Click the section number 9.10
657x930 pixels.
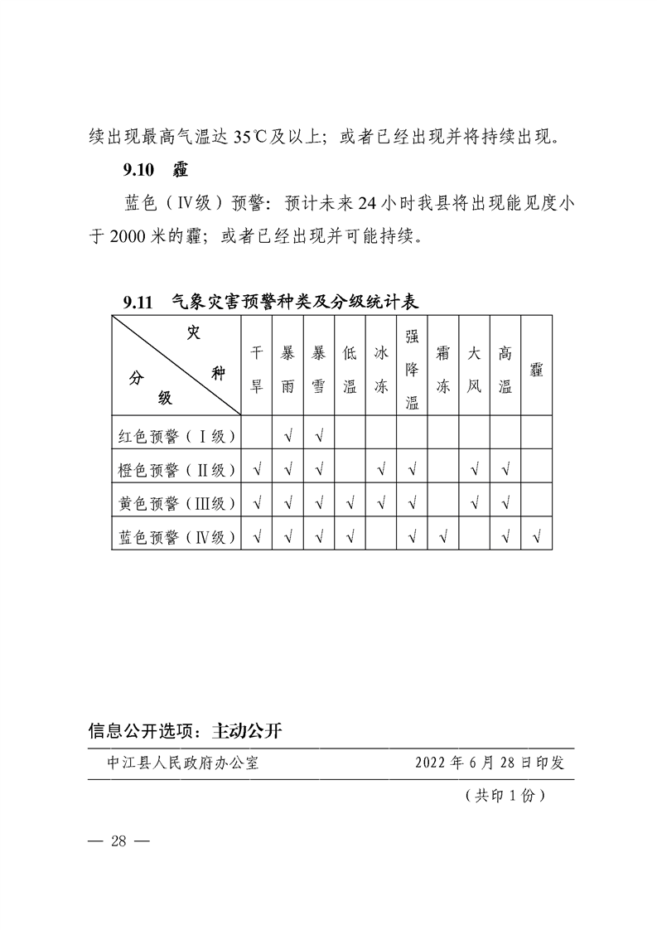click(x=138, y=171)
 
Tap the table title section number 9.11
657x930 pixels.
click(x=138, y=303)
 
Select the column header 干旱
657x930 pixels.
click(x=257, y=366)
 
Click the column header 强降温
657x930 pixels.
click(x=412, y=366)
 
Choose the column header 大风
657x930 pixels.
click(x=474, y=366)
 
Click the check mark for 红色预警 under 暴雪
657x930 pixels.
click(x=319, y=435)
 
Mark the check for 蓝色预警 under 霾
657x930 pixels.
click(x=536, y=537)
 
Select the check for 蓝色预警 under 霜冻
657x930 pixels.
click(x=443, y=537)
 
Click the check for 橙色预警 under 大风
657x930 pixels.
click(x=474, y=470)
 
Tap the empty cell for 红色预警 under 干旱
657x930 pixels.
click(x=257, y=434)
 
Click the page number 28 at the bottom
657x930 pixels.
click(x=118, y=841)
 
